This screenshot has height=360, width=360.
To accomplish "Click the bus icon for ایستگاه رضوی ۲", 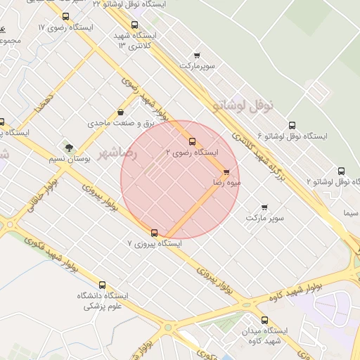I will (193, 142).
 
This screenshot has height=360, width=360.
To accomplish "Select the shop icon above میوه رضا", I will (226, 172).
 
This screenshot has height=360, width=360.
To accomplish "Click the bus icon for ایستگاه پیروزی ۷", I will (155, 233).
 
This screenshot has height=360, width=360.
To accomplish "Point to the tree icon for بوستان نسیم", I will (69, 148).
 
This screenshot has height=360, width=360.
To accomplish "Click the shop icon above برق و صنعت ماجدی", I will (121, 112).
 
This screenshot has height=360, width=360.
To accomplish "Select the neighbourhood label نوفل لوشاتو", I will (243, 105).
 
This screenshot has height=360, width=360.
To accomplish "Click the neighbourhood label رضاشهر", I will (117, 153).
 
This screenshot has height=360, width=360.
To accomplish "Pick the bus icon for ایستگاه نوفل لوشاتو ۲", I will (341, 171).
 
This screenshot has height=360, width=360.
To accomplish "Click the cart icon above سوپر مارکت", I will (264, 207).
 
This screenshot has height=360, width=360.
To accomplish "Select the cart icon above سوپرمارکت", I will (196, 56).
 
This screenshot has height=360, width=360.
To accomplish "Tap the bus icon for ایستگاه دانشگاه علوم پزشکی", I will (103, 285).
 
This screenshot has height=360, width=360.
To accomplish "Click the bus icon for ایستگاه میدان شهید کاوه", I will (264, 320).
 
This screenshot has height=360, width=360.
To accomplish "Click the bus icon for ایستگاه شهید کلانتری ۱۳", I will (134, 25).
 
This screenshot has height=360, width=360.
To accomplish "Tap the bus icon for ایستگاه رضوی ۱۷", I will (65, 16).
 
